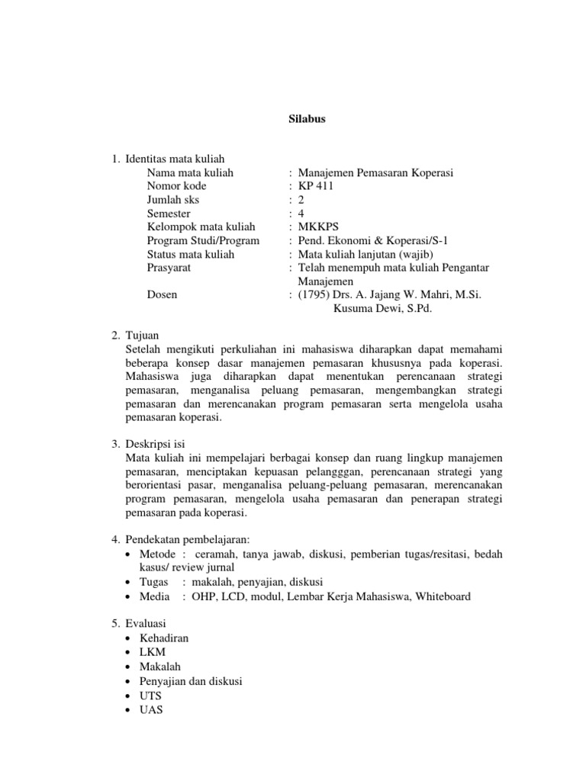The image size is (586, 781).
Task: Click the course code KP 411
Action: click(315, 186)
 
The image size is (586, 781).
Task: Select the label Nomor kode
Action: click(177, 186)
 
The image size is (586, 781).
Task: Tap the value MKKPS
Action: click(318, 227)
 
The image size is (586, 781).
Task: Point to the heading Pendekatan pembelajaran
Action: click(186, 540)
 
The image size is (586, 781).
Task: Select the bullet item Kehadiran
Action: click(164, 637)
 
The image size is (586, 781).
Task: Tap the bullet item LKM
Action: click(152, 651)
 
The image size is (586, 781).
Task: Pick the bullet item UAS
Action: click(151, 709)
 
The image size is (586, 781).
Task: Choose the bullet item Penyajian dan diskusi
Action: click(190, 680)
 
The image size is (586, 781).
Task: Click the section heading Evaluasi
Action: click(145, 622)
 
